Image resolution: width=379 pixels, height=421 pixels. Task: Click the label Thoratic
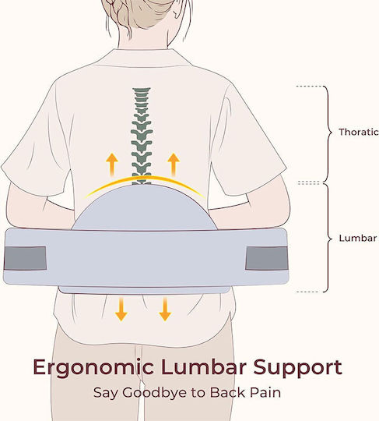[x=358, y=132]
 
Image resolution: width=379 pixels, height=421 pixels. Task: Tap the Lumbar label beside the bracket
[x=358, y=238]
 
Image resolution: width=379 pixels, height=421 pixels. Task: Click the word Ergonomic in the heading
[x=93, y=368]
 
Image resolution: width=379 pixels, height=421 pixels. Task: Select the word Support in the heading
[x=298, y=368]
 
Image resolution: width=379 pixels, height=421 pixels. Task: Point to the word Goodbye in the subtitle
[x=154, y=392]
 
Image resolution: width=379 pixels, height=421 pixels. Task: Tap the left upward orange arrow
[x=112, y=165]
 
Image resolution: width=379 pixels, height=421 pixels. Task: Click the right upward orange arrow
[x=174, y=165]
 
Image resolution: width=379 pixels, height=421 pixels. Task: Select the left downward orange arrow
[x=121, y=309]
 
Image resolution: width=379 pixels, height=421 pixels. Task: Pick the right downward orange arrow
[x=165, y=309]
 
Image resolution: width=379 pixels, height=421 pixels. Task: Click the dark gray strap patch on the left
[x=25, y=258]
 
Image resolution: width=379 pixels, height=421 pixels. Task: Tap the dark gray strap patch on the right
[x=267, y=258]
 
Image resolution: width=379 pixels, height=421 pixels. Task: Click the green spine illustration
[x=142, y=136]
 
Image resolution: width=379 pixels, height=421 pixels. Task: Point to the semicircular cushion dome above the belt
[x=144, y=207]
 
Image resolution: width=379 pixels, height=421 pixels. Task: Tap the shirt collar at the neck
[x=144, y=58]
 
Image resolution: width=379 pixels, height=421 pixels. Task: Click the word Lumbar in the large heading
[x=204, y=366]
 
